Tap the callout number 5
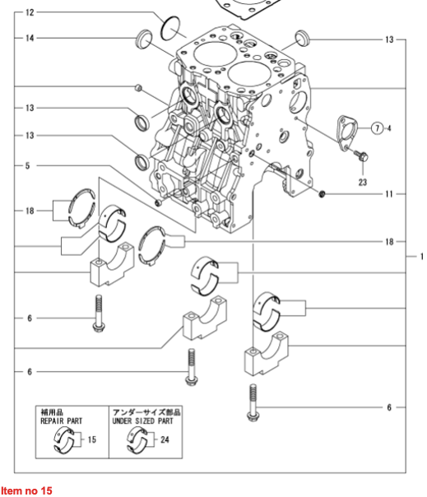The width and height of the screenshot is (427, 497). pyautogui.click(x=27, y=165)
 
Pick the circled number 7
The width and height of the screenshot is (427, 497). pyautogui.click(x=377, y=128)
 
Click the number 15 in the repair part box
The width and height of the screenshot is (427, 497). pyautogui.click(x=91, y=440)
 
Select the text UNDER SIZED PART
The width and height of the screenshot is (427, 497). pyautogui.click(x=146, y=420)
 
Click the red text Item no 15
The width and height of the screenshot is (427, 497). pyautogui.click(x=26, y=490)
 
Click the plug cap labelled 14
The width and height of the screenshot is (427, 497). pyautogui.click(x=144, y=39)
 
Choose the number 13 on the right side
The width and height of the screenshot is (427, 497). pyautogui.click(x=389, y=39)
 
